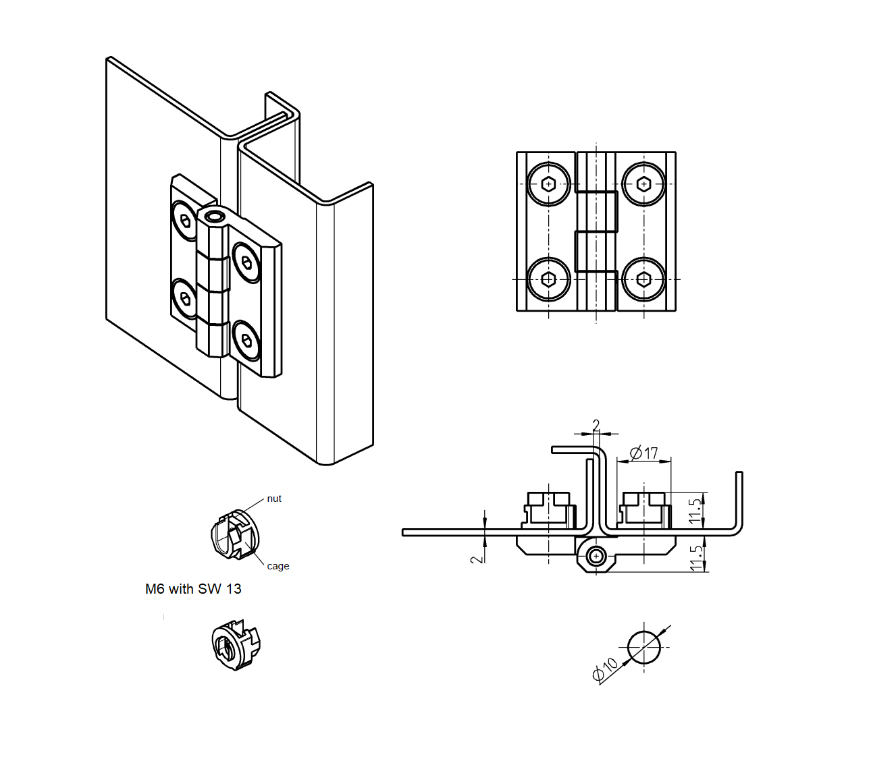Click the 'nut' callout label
pyautogui.click(x=274, y=499)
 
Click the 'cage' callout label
pyautogui.click(x=278, y=566)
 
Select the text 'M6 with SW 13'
pyautogui.click(x=193, y=589)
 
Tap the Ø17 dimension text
pyautogui.click(x=643, y=453)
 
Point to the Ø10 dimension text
pyautogui.click(x=605, y=669)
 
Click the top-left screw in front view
pyautogui.click(x=548, y=184)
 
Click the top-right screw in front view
pyautogui.click(x=643, y=184)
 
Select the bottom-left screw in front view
pyautogui.click(x=548, y=279)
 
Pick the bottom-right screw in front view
pyautogui.click(x=643, y=279)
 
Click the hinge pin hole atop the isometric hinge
pyautogui.click(x=215, y=217)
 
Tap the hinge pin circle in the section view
pyautogui.click(x=596, y=556)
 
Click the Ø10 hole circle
pyautogui.click(x=643, y=647)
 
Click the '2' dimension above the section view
pyautogui.click(x=596, y=425)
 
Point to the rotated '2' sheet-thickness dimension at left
pyautogui.click(x=477, y=559)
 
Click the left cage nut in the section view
pyautogui.click(x=549, y=510)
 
